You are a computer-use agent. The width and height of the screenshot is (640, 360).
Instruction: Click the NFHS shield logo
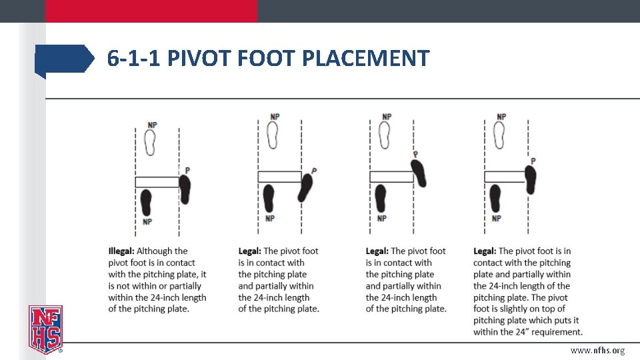(45, 328)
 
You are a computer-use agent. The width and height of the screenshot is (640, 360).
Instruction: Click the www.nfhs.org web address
(597, 351)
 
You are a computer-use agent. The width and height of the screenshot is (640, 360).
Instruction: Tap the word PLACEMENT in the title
(365, 59)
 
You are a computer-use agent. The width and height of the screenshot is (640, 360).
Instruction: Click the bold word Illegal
(121, 251)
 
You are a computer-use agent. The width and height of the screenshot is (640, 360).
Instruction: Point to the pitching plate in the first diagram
(157, 182)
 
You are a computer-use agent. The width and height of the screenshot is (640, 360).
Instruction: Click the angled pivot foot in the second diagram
(305, 187)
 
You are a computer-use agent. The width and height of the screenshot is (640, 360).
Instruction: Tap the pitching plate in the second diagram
(279, 177)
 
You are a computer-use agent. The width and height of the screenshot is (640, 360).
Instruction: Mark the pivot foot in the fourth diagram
(530, 179)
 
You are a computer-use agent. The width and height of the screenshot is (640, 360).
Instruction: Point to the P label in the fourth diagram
(533, 161)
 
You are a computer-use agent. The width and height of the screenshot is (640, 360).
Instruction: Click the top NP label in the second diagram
(275, 117)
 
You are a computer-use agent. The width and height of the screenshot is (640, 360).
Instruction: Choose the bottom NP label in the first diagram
(147, 222)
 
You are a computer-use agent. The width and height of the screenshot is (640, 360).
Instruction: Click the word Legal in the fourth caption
(484, 251)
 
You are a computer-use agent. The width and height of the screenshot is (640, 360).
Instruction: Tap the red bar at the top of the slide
(151, 11)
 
